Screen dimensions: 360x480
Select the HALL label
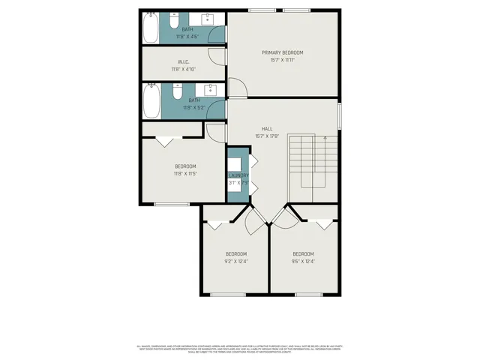pyautogui.click(x=266, y=128)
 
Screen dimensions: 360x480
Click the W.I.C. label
pyautogui.click(x=182, y=61)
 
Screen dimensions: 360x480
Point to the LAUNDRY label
pyautogui.click(x=238, y=175)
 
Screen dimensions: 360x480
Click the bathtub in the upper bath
pyautogui.click(x=150, y=28)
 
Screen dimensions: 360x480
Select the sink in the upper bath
pyautogui.click(x=207, y=18)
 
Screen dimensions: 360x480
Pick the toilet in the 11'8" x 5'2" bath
pyautogui.click(x=176, y=91)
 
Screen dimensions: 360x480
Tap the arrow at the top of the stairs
pyautogui.click(x=324, y=138)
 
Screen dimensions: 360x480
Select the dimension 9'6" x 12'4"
pyautogui.click(x=303, y=261)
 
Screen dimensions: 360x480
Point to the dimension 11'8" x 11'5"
pyautogui.click(x=185, y=173)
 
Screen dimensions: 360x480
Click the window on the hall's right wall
pyautogui.click(x=340, y=114)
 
